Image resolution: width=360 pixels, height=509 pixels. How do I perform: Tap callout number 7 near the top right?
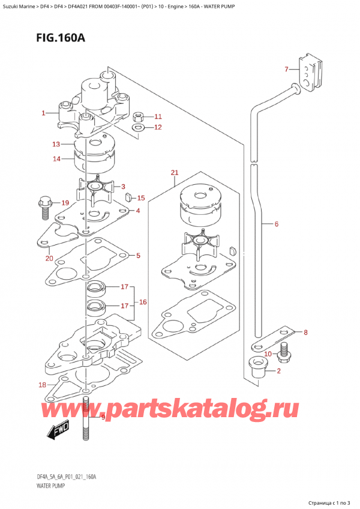tap(287, 70)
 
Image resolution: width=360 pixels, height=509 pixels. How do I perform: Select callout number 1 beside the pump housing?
tap(43, 112)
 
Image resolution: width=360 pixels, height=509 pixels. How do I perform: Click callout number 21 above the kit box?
tap(175, 173)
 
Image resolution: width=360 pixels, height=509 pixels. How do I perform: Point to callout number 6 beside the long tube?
tap(276, 224)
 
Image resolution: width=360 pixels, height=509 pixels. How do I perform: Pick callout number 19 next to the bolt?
tap(65, 202)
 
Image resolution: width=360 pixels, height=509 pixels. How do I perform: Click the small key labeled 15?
tap(128, 196)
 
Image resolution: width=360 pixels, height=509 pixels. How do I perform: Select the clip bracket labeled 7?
tap(310, 76)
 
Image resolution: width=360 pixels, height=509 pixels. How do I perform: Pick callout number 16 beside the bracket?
tap(143, 301)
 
